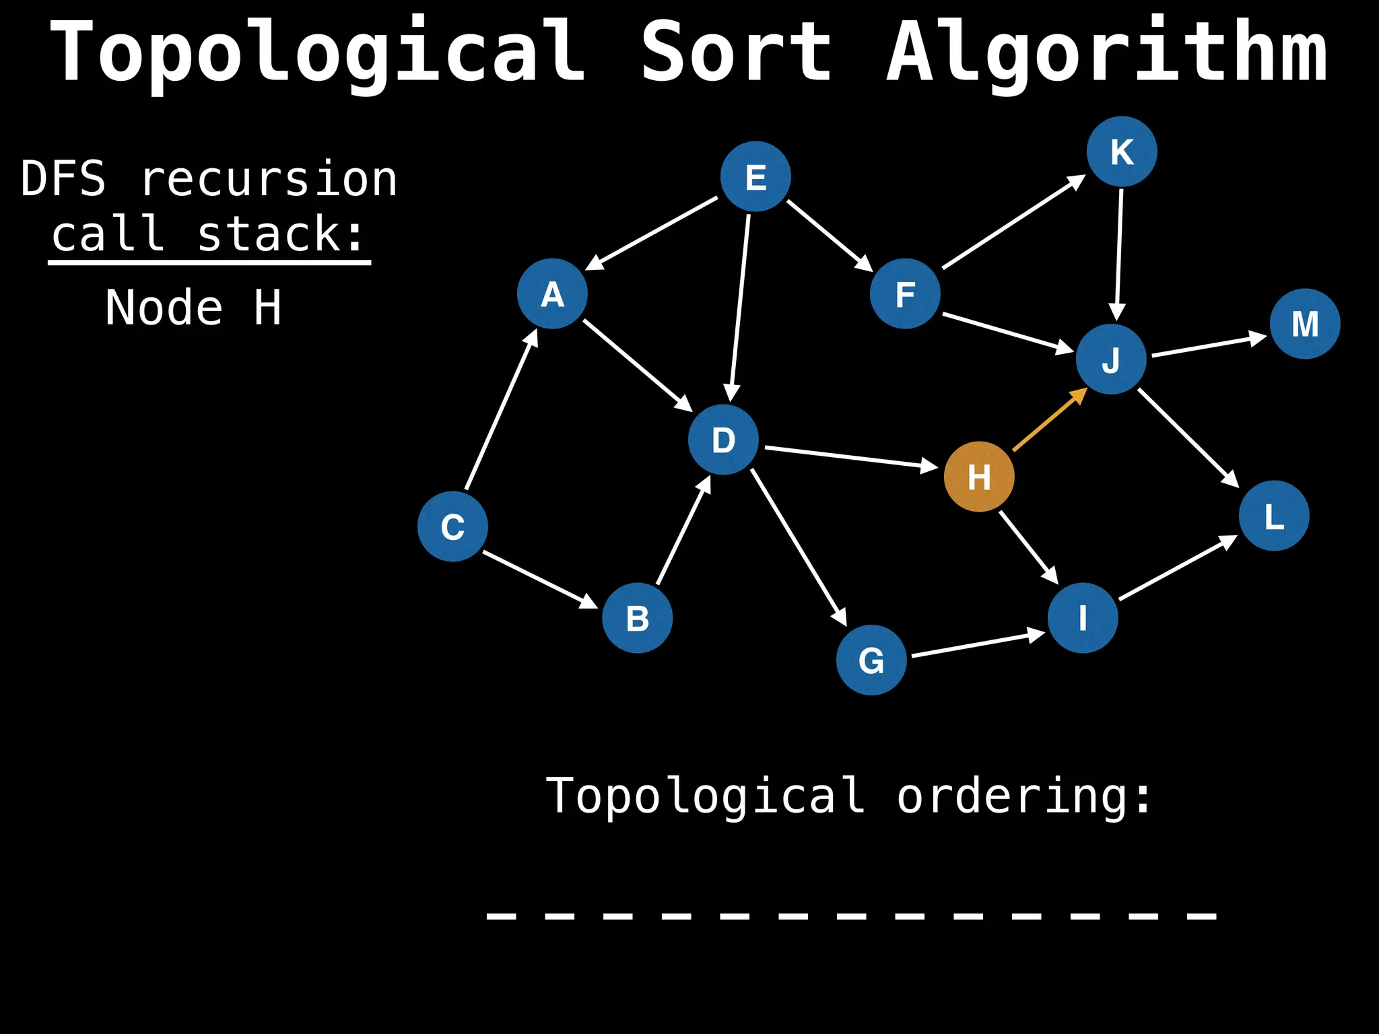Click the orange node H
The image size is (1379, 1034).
[x=979, y=477]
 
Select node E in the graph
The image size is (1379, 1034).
[x=755, y=176]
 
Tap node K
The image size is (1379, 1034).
[x=1122, y=151]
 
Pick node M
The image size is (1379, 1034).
[x=1305, y=324]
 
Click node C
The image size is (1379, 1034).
[x=452, y=526]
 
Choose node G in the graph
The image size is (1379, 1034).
[x=871, y=660]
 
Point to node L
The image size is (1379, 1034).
[x=1274, y=516]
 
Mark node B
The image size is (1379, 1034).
[x=637, y=618]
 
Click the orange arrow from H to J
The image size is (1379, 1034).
[x=1049, y=420]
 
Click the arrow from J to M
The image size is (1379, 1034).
[x=1208, y=345]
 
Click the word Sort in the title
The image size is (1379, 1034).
[x=736, y=53]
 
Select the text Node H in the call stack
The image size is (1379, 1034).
[x=193, y=308]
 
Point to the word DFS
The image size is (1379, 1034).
[x=63, y=179]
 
